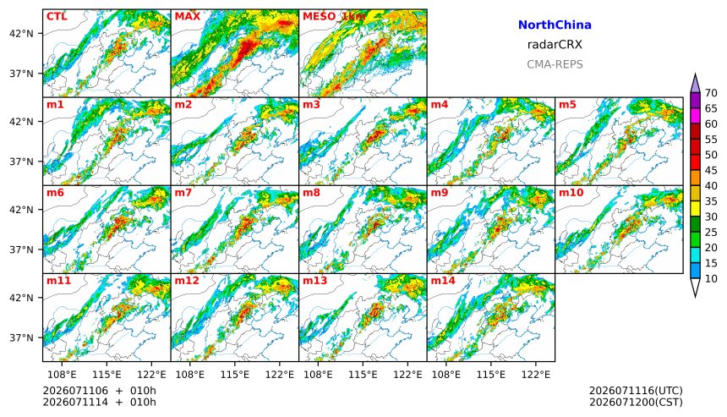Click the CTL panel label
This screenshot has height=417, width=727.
coord(57,16)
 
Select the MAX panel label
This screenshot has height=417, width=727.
coord(188,16)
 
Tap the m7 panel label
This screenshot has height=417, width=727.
coord(183,193)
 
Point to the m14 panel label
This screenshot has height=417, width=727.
coord(443,281)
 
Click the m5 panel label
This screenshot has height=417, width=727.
coord(567,104)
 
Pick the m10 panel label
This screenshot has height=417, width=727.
coord(571,193)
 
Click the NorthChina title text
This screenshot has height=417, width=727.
coord(555,25)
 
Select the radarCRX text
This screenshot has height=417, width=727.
coord(555,45)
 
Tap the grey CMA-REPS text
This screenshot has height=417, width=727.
coord(555,64)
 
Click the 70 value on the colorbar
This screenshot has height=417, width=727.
coord(711,93)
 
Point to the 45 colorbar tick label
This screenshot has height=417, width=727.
coord(711,170)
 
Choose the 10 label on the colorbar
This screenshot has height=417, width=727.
coord(711,279)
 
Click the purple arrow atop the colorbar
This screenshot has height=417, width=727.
coord(695,84)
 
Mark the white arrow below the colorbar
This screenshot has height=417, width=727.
coord(695,288)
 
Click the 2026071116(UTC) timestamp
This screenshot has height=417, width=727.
coord(636,391)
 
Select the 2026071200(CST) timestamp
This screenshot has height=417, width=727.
coord(636,402)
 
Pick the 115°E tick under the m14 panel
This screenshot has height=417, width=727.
coord(491,375)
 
